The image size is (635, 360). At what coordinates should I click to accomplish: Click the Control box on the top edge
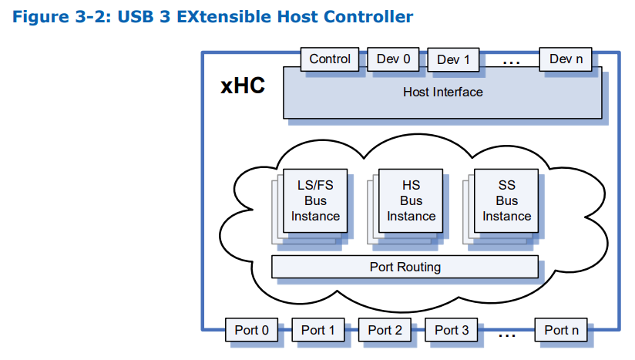pos(330,59)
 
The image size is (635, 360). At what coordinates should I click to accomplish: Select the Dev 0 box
pos(393,59)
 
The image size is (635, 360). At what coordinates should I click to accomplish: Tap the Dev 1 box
pos(453,60)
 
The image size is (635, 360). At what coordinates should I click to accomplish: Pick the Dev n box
pos(566,59)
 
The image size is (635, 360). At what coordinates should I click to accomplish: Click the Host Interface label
pos(442,93)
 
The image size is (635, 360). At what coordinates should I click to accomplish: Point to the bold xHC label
pos(243,86)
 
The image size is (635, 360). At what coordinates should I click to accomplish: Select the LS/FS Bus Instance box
pos(315,200)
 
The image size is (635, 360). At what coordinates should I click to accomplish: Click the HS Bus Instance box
pos(411,200)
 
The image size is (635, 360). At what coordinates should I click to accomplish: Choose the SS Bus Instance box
pos(506,200)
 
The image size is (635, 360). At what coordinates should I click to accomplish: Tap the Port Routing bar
pos(405,267)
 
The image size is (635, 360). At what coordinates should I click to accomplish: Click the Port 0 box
pos(251,330)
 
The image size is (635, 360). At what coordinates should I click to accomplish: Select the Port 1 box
pos(318,330)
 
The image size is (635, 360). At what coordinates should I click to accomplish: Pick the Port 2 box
pos(385,330)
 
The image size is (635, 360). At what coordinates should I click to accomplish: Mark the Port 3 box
pos(452,330)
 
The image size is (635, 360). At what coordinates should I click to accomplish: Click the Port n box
pos(561,330)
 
